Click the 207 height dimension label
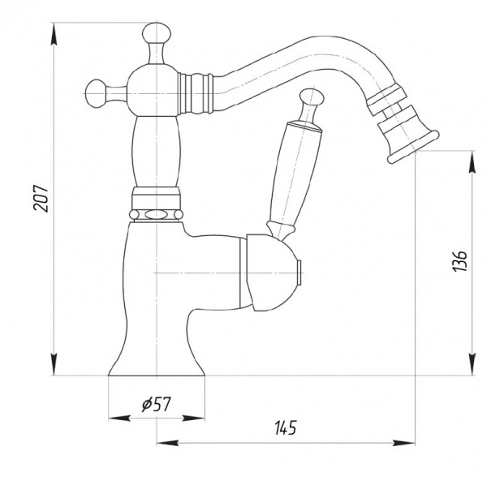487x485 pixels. (41, 199)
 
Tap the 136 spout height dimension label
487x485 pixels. (459, 261)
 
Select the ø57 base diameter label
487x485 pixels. (156, 404)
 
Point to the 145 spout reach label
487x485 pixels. (286, 427)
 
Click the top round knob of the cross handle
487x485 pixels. (157, 33)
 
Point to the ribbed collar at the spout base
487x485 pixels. (196, 93)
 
